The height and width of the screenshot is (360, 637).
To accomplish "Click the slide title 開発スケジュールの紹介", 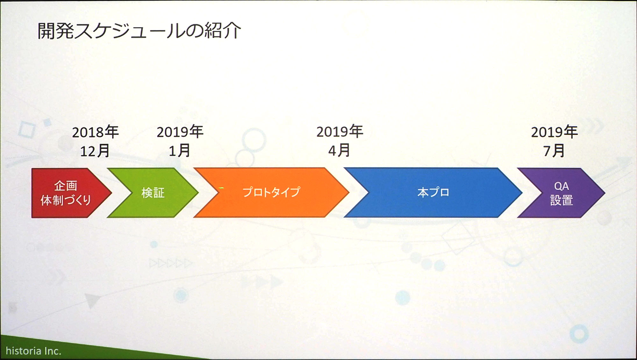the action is [139, 31].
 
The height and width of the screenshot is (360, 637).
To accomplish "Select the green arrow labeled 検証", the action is [153, 193].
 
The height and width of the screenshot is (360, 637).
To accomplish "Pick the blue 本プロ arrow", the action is [433, 192].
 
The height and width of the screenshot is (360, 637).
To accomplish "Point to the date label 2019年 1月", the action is [180, 141].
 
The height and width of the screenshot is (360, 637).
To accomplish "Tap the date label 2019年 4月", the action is [340, 141].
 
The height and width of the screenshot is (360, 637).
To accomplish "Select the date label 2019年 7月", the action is [554, 141].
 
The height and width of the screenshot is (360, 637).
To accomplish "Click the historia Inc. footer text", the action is [33, 351].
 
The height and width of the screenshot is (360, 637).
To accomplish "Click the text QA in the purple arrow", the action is [561, 186].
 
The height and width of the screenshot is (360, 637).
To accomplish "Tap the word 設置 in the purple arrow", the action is [562, 200].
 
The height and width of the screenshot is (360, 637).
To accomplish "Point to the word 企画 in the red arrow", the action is [66, 185].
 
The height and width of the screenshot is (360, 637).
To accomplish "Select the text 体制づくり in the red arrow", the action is [66, 200].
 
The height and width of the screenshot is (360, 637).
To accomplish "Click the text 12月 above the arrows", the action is [95, 151].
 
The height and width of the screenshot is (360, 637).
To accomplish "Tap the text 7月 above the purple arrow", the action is [554, 150].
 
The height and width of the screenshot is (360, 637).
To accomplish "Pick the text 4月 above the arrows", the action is [340, 150].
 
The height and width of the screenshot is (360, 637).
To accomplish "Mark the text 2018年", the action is [95, 132].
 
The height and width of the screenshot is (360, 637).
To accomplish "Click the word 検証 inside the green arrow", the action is [153, 193].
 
